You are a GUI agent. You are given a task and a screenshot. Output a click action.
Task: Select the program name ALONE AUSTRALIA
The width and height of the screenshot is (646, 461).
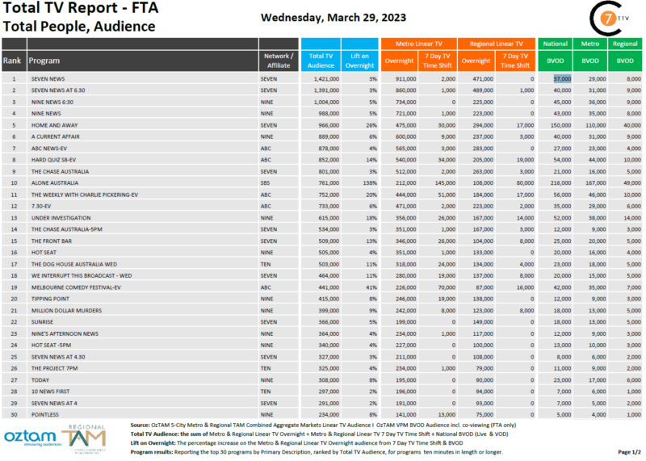point(55,183)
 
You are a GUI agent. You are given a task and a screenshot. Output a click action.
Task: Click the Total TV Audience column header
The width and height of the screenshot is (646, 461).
point(321,61)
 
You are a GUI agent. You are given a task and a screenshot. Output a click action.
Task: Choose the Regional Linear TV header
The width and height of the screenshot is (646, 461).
point(496,44)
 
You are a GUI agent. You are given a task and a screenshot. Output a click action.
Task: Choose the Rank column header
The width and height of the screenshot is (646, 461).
point(12,61)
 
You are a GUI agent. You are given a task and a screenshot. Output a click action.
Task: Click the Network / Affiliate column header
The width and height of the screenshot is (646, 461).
point(279,61)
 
